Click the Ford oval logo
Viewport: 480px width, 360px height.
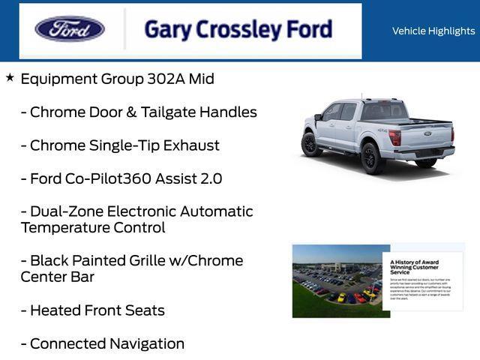70,29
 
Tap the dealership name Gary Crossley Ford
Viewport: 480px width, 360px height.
238,29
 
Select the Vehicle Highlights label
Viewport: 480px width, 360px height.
433,31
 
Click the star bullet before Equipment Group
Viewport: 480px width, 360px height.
10,77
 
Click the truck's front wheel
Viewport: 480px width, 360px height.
311,143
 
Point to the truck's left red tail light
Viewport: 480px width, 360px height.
394,137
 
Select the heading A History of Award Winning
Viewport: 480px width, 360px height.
414,266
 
